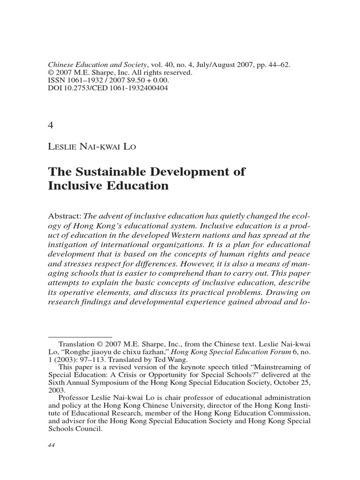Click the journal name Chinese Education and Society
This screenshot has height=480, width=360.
[x=96, y=65]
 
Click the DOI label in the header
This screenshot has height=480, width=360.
[x=55, y=88]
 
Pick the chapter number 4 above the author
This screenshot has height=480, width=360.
[x=51, y=125]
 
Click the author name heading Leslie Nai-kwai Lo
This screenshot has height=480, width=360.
[x=92, y=146]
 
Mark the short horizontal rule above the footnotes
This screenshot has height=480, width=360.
[x=80, y=337]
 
